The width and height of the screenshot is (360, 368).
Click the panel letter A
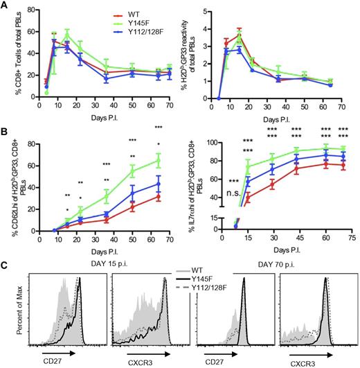tap(5, 6)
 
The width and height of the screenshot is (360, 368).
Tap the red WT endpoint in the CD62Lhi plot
tap(159, 197)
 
